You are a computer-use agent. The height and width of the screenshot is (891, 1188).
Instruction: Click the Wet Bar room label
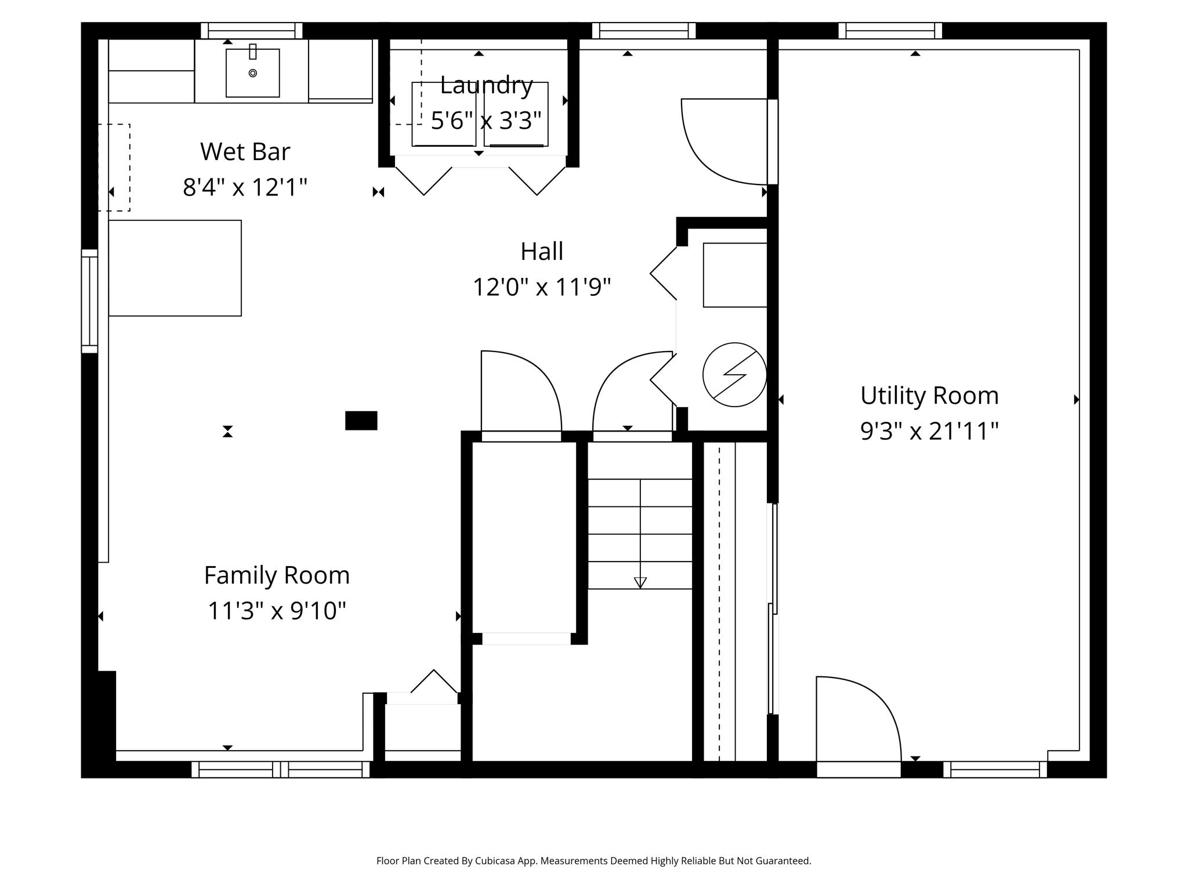[x=245, y=152]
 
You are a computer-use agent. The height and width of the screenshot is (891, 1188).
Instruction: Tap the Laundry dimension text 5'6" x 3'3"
[x=486, y=121]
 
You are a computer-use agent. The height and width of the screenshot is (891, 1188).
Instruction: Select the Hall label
[x=542, y=252]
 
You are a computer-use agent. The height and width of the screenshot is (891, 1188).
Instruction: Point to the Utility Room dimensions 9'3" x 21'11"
[x=929, y=432]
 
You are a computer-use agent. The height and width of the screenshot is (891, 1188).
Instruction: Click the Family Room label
[x=277, y=575]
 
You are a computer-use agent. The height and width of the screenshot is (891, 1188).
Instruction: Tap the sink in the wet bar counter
[x=252, y=73]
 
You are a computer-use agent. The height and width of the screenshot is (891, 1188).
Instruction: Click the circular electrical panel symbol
[x=734, y=375]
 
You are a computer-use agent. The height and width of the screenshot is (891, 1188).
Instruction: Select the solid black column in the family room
[x=361, y=421]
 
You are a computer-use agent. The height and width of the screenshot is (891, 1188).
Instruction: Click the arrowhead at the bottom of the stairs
[x=640, y=582]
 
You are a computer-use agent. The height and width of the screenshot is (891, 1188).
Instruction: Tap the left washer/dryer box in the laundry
[x=444, y=114]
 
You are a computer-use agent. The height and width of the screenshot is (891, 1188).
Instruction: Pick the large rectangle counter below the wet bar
[x=175, y=268]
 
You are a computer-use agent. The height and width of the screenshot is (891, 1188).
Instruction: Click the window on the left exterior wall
[x=89, y=300]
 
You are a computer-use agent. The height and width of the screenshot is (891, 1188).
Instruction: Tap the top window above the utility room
[x=890, y=30]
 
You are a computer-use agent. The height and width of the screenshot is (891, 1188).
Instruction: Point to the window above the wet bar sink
[x=252, y=30]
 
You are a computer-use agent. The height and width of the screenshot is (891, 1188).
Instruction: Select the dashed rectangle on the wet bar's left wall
[x=114, y=167]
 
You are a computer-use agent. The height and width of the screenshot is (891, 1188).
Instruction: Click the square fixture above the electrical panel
[x=734, y=275]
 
